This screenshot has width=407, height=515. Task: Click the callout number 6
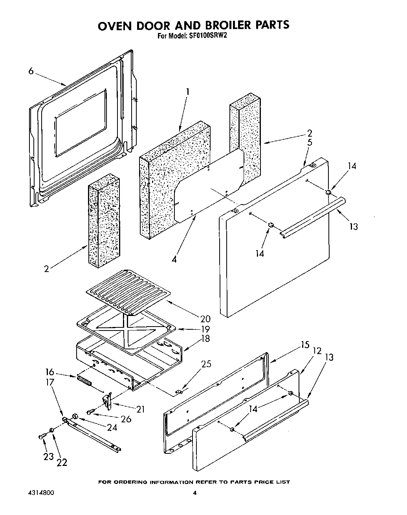tap(31, 71)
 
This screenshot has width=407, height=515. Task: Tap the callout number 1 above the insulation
tap(188, 92)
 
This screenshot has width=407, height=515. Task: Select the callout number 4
tap(174, 259)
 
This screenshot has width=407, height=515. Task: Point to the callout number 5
tap(310, 142)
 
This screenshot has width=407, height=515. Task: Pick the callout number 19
tap(205, 329)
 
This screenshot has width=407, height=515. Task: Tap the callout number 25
tap(206, 364)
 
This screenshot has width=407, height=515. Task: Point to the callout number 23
tap(48, 457)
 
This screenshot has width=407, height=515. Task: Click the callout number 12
tap(317, 350)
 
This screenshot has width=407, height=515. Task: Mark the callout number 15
tap(305, 345)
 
